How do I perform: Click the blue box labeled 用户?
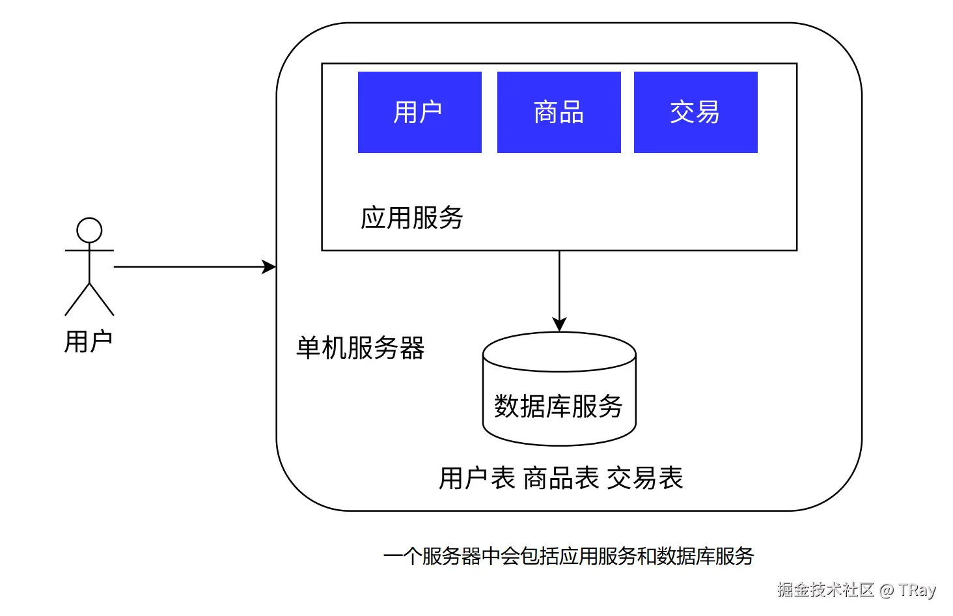419,112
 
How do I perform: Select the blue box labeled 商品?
559,112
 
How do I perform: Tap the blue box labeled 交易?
695,112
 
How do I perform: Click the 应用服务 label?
411,217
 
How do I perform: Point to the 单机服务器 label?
360,348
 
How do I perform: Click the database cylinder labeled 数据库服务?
559,397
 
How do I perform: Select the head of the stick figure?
89,231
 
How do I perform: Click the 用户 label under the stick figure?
89,342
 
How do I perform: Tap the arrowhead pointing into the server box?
269,267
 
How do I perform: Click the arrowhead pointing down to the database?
559,324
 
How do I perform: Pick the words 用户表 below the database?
476,478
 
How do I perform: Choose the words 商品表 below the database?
560,478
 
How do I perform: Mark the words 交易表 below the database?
644,478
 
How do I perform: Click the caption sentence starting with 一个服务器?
568,556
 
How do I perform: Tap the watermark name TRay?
917,590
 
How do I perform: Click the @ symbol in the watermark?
886,591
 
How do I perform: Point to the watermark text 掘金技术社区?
825,590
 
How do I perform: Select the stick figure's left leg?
77,300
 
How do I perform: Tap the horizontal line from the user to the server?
189,267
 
